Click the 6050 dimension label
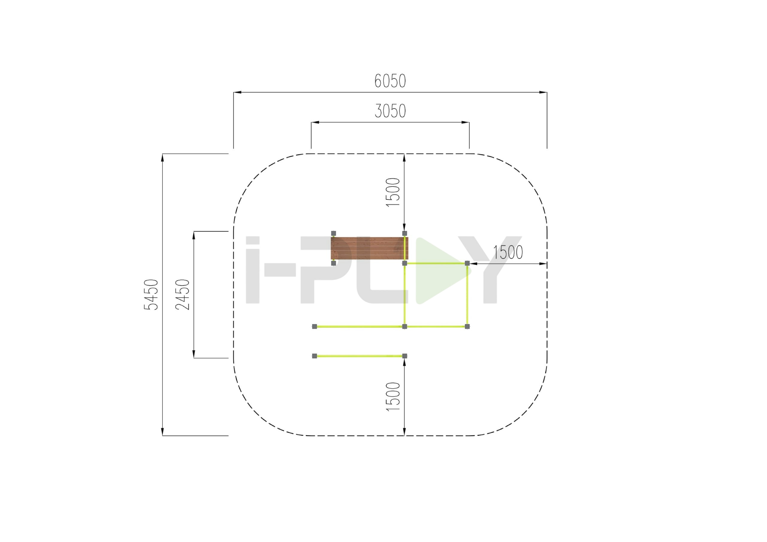[x=390, y=81]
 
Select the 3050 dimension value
[x=390, y=111]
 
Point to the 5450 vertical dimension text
[x=151, y=295]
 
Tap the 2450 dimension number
[x=182, y=295]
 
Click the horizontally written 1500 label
[x=508, y=252]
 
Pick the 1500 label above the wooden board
[x=393, y=192]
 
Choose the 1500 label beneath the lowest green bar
[x=393, y=396]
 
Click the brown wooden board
[x=369, y=248]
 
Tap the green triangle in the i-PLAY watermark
[x=443, y=271]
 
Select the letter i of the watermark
[x=253, y=270]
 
